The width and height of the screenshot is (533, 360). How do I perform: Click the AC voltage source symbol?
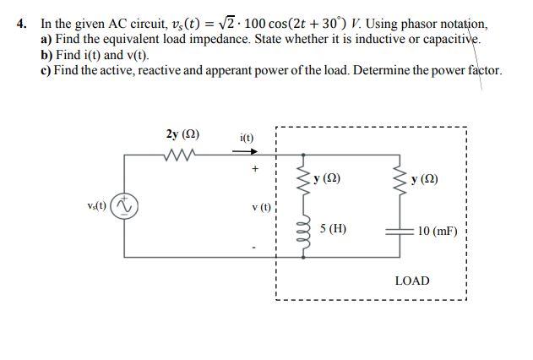(127, 205)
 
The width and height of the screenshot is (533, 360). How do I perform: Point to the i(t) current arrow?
(246, 152)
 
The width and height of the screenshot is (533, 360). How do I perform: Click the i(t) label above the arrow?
(247, 137)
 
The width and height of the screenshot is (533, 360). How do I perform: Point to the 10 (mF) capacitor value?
(437, 229)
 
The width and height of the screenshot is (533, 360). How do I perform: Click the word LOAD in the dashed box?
(412, 281)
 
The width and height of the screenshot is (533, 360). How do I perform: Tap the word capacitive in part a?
(449, 39)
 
